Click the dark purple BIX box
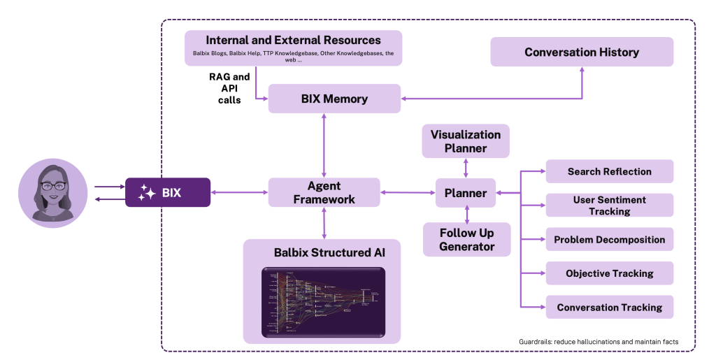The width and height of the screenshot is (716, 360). pos(168,192)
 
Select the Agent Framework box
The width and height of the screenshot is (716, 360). pos(324,192)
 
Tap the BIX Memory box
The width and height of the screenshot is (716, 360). pos(334,99)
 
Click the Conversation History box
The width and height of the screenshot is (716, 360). pos(582,52)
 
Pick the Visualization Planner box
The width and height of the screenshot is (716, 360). pos(466,141)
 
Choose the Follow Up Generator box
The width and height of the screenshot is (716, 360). pos(466,239)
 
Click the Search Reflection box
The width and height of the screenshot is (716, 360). pos(609,171)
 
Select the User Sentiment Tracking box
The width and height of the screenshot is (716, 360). pos(609,205)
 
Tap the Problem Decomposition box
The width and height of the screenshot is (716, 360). pos(609,239)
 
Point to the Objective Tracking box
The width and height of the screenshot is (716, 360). pos(609,273)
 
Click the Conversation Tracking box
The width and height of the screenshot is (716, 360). pos(609,307)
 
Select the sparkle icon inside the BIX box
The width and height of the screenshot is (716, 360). pos(147,192)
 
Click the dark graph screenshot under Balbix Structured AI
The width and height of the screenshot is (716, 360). pos(323,301)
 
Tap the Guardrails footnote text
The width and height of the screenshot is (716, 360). pos(599,341)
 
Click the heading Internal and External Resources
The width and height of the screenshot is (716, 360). pos(293,40)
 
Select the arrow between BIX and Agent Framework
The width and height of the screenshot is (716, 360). pos(239,192)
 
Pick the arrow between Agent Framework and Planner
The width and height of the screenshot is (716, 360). pos(408,192)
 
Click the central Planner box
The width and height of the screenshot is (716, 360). pos(466,192)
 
